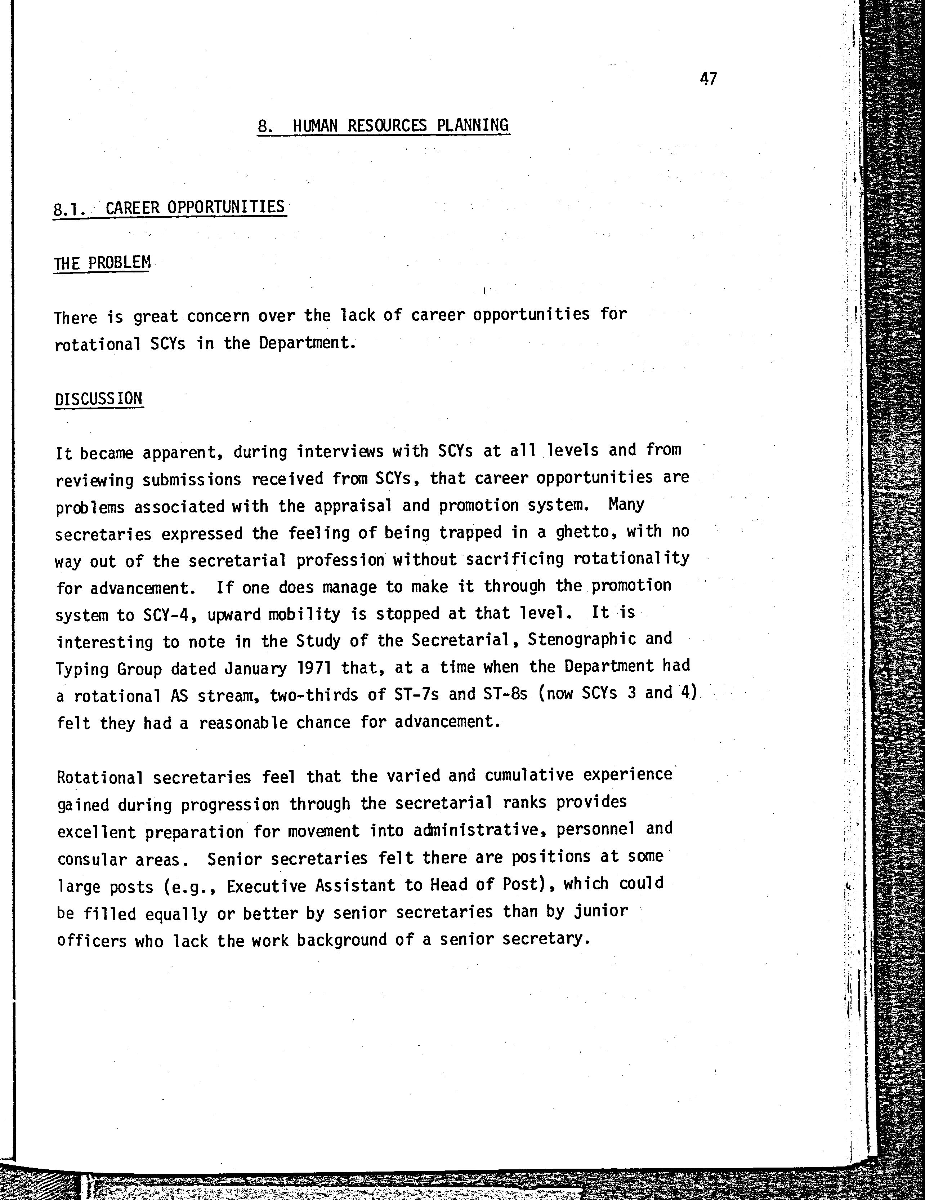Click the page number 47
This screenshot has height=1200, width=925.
point(709,79)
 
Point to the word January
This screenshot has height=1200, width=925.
point(255,669)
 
